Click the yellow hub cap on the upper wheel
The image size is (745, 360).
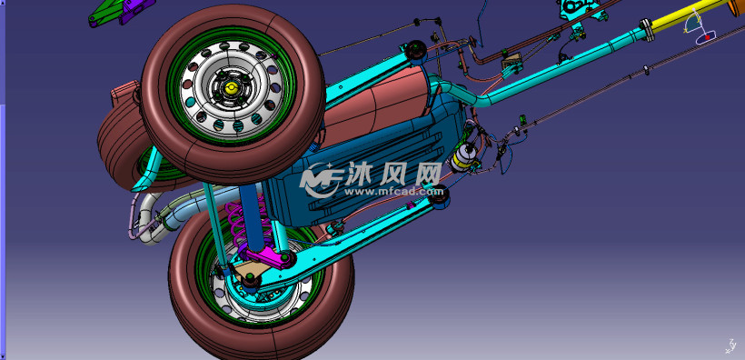click(x=231, y=87)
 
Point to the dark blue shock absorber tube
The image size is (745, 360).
click(x=250, y=216)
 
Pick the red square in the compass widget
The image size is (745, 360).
click(x=708, y=36)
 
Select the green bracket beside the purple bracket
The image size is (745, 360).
click(x=107, y=13)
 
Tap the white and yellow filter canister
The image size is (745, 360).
click(x=463, y=157)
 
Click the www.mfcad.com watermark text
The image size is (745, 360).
click(x=393, y=191)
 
